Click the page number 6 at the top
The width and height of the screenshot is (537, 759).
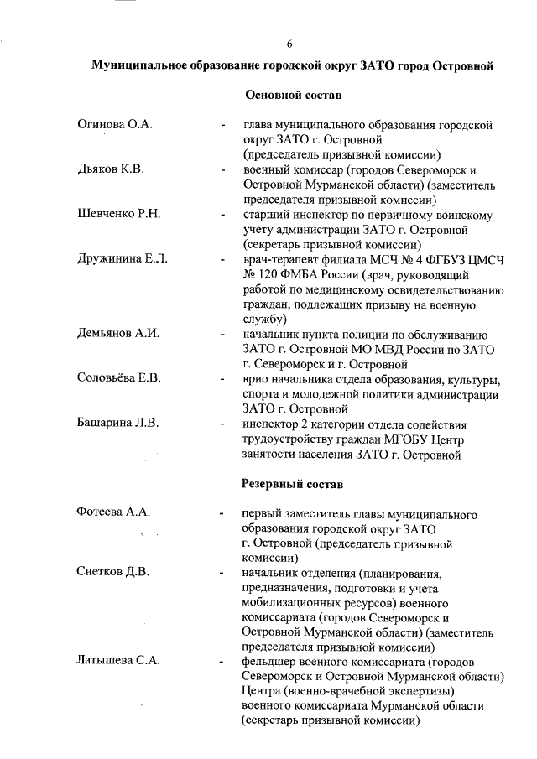[289, 44]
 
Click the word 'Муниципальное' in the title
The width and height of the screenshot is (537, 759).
[141, 65]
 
